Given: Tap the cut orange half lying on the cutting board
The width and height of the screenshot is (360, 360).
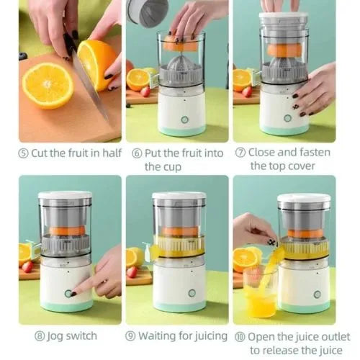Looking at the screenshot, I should (48, 84).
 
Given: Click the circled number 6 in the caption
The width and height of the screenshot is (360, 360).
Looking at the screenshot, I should (136, 153).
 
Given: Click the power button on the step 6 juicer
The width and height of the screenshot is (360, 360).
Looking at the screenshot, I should (184, 120).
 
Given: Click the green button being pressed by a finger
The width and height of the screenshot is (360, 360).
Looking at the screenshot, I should (70, 293).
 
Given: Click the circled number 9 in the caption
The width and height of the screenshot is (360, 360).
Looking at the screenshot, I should (130, 336).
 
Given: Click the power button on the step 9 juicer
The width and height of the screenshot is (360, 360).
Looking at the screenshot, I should (192, 293).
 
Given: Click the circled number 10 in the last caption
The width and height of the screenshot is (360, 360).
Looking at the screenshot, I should (240, 336).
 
